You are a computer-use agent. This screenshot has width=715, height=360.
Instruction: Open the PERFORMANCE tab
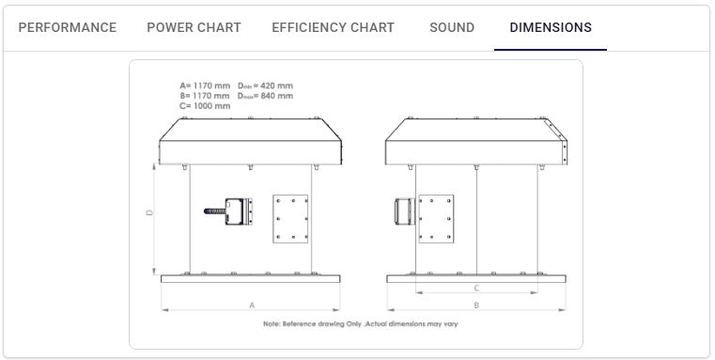coord(68,28)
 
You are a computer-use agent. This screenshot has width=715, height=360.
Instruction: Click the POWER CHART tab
coord(194,28)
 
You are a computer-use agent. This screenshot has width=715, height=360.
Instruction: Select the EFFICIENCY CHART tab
coord(333,28)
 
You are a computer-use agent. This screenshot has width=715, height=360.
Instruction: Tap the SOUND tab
coord(452,28)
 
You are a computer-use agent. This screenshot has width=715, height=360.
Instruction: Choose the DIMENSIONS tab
coord(551,28)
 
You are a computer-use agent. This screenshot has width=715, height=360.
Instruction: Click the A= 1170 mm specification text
coord(205,86)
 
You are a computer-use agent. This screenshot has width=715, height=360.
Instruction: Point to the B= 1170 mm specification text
coord(205,96)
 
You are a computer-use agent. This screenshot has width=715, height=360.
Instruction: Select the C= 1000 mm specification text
coord(205,106)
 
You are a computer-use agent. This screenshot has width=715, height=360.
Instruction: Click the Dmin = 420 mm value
coord(265,86)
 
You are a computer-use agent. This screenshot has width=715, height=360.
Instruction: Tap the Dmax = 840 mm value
coord(265,96)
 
